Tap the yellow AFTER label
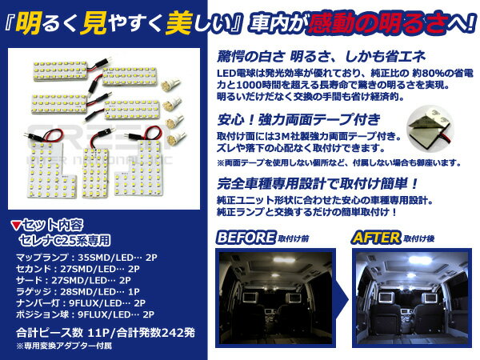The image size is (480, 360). click(377, 238)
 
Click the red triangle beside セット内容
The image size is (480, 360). click(16, 226)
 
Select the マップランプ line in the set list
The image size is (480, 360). click(86, 258)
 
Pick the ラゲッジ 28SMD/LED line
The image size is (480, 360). click(78, 291)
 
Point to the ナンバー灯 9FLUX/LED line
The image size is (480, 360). click(81, 303)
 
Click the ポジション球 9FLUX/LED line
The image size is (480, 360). click(85, 314)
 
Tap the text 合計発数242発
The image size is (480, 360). click(156, 333)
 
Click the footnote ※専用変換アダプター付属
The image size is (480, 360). click(64, 346)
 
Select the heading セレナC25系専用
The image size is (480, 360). click(65, 240)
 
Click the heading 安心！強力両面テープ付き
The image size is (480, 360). click(298, 119)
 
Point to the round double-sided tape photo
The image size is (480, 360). click(430, 128)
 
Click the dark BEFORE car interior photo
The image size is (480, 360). click(275, 298)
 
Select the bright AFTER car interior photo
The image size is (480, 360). click(412, 298)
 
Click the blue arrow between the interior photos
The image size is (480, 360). click(344, 298)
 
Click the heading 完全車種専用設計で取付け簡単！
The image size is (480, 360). click(318, 184)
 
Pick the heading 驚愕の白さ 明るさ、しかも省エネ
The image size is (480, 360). click(321, 56)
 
